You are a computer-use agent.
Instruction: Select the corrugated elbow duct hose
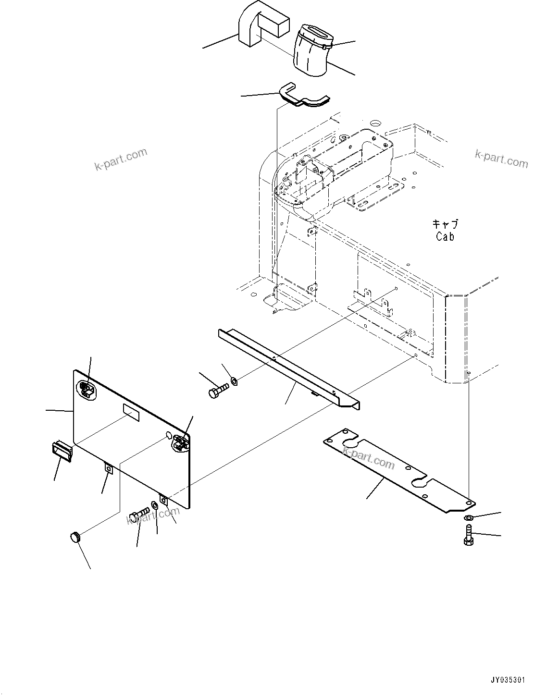pos(311,51)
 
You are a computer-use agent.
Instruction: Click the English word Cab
pos(445,236)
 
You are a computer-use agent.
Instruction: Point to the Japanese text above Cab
pos(445,224)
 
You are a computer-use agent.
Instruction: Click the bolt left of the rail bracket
pos(219,390)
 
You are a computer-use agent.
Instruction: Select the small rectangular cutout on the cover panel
pos(131,412)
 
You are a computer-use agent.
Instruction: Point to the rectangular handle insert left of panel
pos(62,452)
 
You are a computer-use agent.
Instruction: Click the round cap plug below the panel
pos(75,536)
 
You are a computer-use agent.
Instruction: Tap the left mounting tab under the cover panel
pos(109,468)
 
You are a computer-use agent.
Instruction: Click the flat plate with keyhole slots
pos(399,471)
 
